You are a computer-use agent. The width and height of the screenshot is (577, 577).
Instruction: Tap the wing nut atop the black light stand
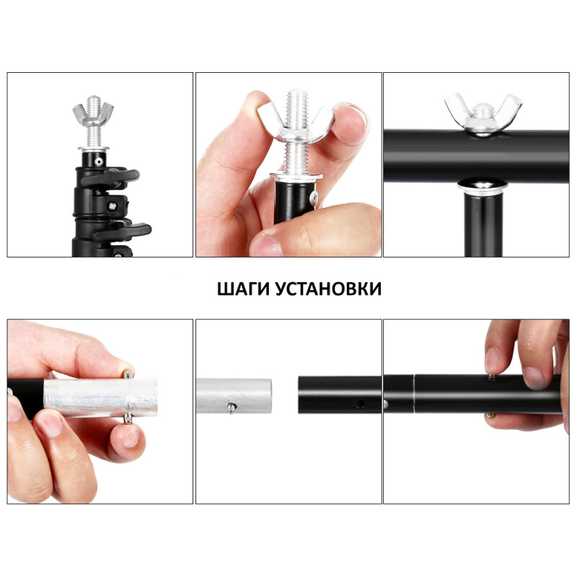point(93,114)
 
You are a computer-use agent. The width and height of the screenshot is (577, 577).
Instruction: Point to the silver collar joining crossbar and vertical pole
point(482,187)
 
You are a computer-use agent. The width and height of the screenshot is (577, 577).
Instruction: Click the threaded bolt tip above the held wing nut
point(296,97)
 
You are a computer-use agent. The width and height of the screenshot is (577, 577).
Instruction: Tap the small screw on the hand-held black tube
point(312,196)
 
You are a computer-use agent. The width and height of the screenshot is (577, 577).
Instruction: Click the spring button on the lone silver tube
point(230,409)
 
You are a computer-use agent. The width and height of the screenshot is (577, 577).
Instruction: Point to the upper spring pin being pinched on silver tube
point(128,374)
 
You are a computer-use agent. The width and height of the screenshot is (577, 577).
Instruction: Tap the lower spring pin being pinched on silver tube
point(128,418)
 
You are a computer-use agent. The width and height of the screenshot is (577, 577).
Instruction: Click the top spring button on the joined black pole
point(490,376)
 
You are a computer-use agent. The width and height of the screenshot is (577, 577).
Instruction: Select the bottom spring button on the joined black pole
point(490,414)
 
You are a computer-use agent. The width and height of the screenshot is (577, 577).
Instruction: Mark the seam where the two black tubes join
point(414,394)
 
